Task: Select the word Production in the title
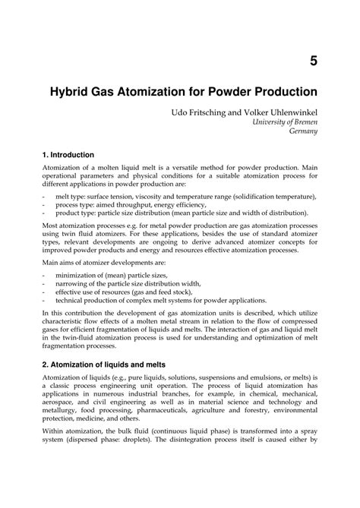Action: pyautogui.click(x=281, y=93)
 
